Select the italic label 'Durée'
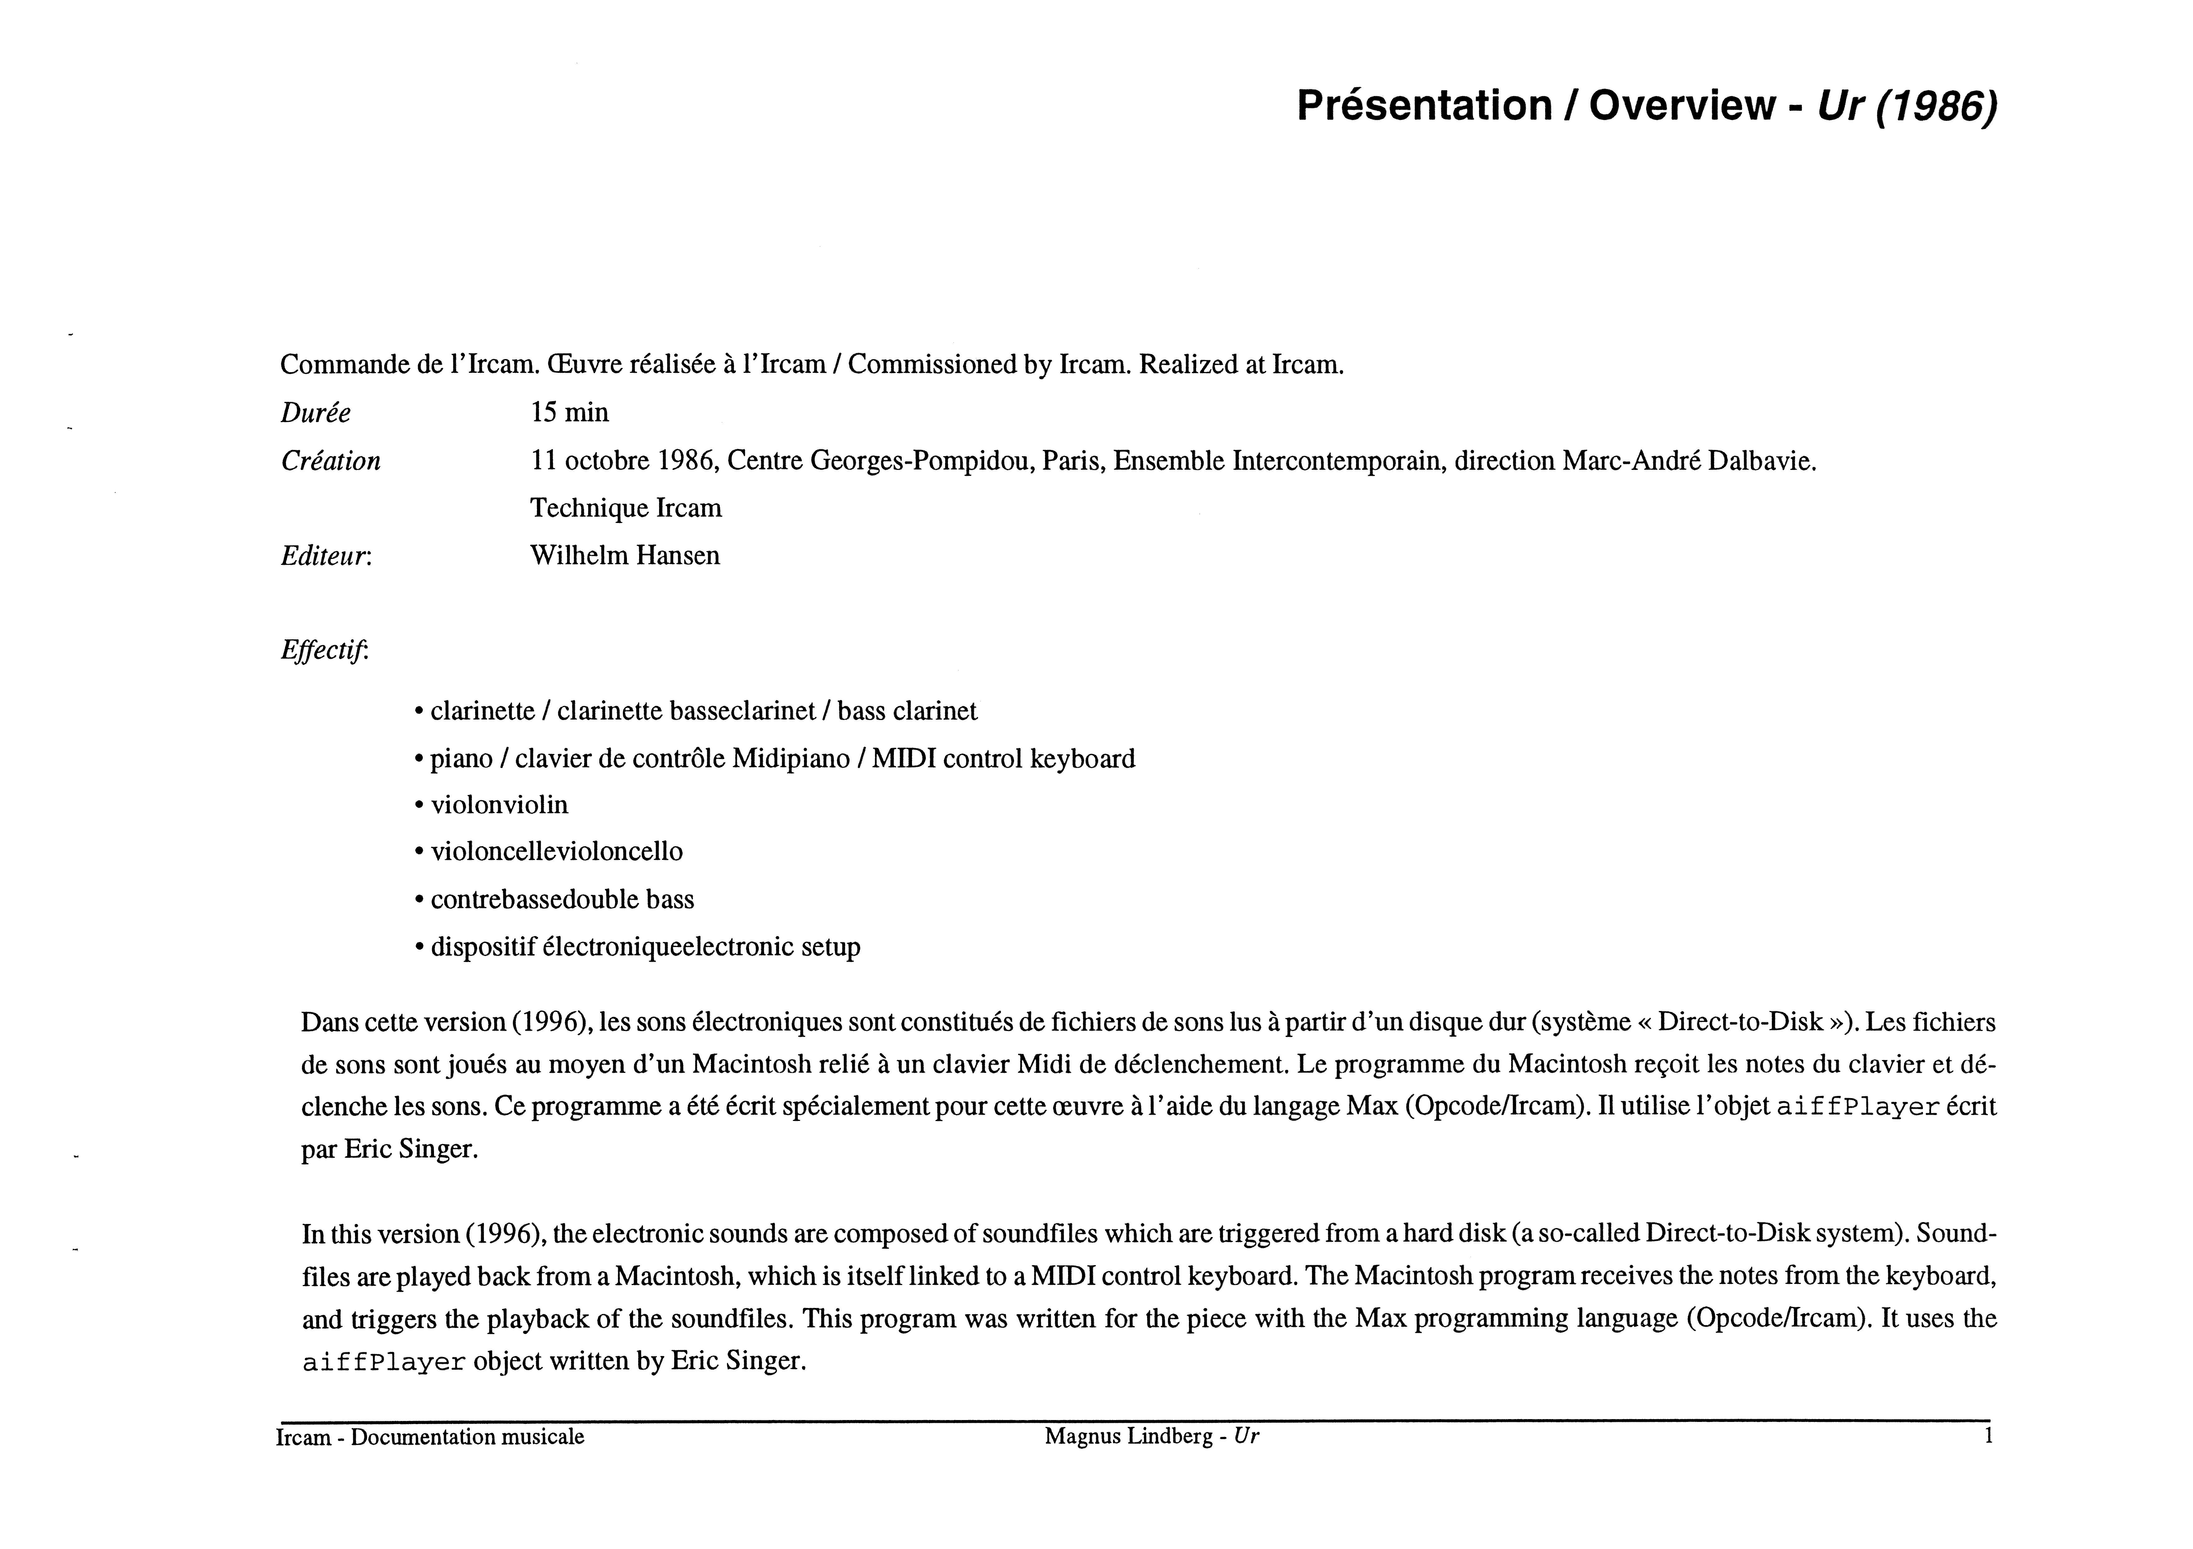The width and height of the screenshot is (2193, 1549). (x=315, y=413)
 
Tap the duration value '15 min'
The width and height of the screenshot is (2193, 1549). (x=569, y=412)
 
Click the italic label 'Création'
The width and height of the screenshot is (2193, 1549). (x=330, y=461)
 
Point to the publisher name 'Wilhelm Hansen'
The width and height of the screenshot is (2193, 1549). (x=625, y=556)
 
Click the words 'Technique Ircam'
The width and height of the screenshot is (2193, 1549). (x=626, y=508)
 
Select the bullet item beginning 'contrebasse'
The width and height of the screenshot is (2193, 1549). (x=562, y=900)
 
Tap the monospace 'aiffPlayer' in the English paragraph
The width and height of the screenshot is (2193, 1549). (x=384, y=1363)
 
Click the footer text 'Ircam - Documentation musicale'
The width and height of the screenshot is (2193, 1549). (x=430, y=1437)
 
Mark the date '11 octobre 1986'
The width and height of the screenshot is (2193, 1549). (x=623, y=461)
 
